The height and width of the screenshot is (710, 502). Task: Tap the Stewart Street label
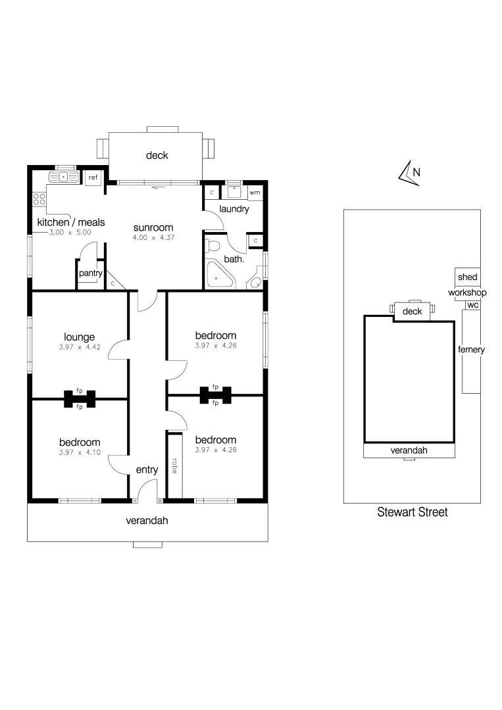click(x=412, y=511)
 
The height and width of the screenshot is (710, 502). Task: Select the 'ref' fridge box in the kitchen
click(x=93, y=177)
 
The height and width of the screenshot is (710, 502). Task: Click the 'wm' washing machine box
click(x=255, y=192)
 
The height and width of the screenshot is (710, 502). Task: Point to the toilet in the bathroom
click(x=212, y=246)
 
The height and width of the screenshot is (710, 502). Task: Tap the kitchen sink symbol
click(x=63, y=177)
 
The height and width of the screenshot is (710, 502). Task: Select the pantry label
click(x=89, y=273)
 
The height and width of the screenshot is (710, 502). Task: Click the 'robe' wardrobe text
click(x=174, y=466)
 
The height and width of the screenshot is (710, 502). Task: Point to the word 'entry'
click(x=147, y=469)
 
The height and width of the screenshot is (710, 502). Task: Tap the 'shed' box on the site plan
click(x=467, y=277)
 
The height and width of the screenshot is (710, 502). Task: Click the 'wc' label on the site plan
click(x=472, y=305)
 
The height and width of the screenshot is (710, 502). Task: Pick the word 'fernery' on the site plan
click(x=471, y=350)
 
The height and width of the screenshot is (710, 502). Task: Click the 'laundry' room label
click(x=234, y=209)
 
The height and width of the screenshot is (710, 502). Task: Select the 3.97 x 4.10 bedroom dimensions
click(x=79, y=452)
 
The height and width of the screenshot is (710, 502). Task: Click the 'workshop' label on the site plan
click(x=467, y=292)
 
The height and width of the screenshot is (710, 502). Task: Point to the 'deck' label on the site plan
click(x=412, y=311)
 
